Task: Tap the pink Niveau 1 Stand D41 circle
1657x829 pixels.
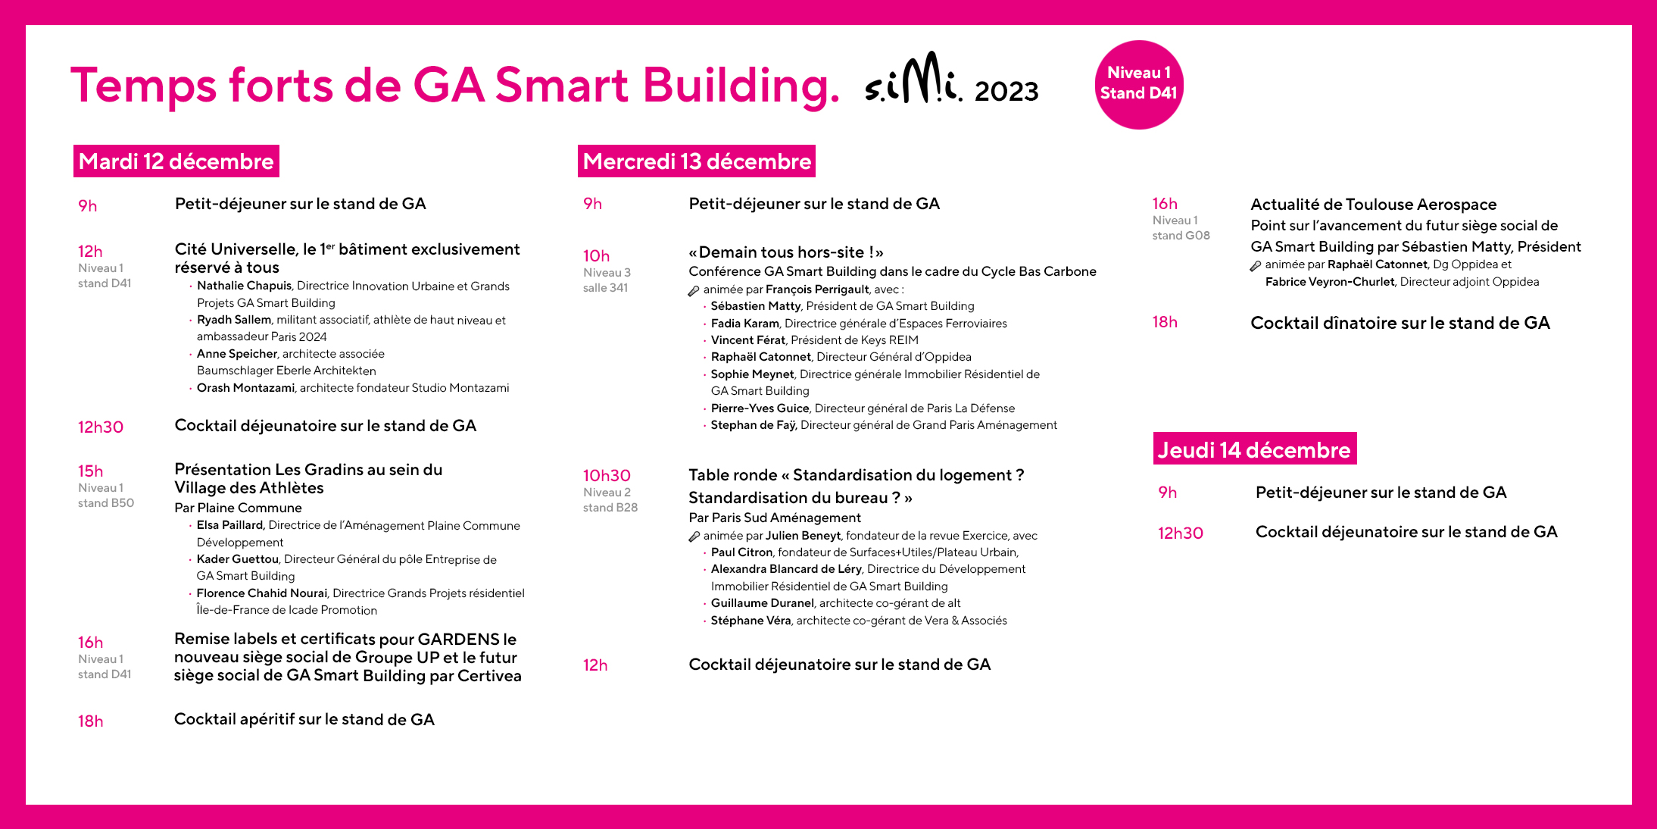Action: point(1138,84)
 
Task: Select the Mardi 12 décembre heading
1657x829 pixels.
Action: point(176,161)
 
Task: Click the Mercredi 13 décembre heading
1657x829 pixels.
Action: point(696,161)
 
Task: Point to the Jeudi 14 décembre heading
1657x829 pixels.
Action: point(1254,449)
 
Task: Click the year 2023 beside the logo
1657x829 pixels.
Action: point(1006,92)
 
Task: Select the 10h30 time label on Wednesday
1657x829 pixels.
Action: point(606,475)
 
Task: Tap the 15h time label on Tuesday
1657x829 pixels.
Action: point(90,471)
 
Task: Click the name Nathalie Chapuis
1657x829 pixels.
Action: point(244,286)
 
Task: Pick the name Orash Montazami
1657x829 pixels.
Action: point(245,388)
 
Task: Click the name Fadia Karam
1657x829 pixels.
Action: point(744,324)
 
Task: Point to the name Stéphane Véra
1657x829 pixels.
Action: point(750,621)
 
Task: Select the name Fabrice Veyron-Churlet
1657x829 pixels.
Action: point(1329,282)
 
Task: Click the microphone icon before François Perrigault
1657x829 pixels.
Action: point(694,290)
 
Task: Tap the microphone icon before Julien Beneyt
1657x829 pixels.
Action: point(694,537)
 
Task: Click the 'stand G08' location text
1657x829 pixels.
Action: point(1181,236)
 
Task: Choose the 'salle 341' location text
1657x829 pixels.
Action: point(605,288)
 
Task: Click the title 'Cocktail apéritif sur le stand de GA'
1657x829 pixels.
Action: point(304,719)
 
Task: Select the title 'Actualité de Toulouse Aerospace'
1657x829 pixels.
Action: point(1373,205)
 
